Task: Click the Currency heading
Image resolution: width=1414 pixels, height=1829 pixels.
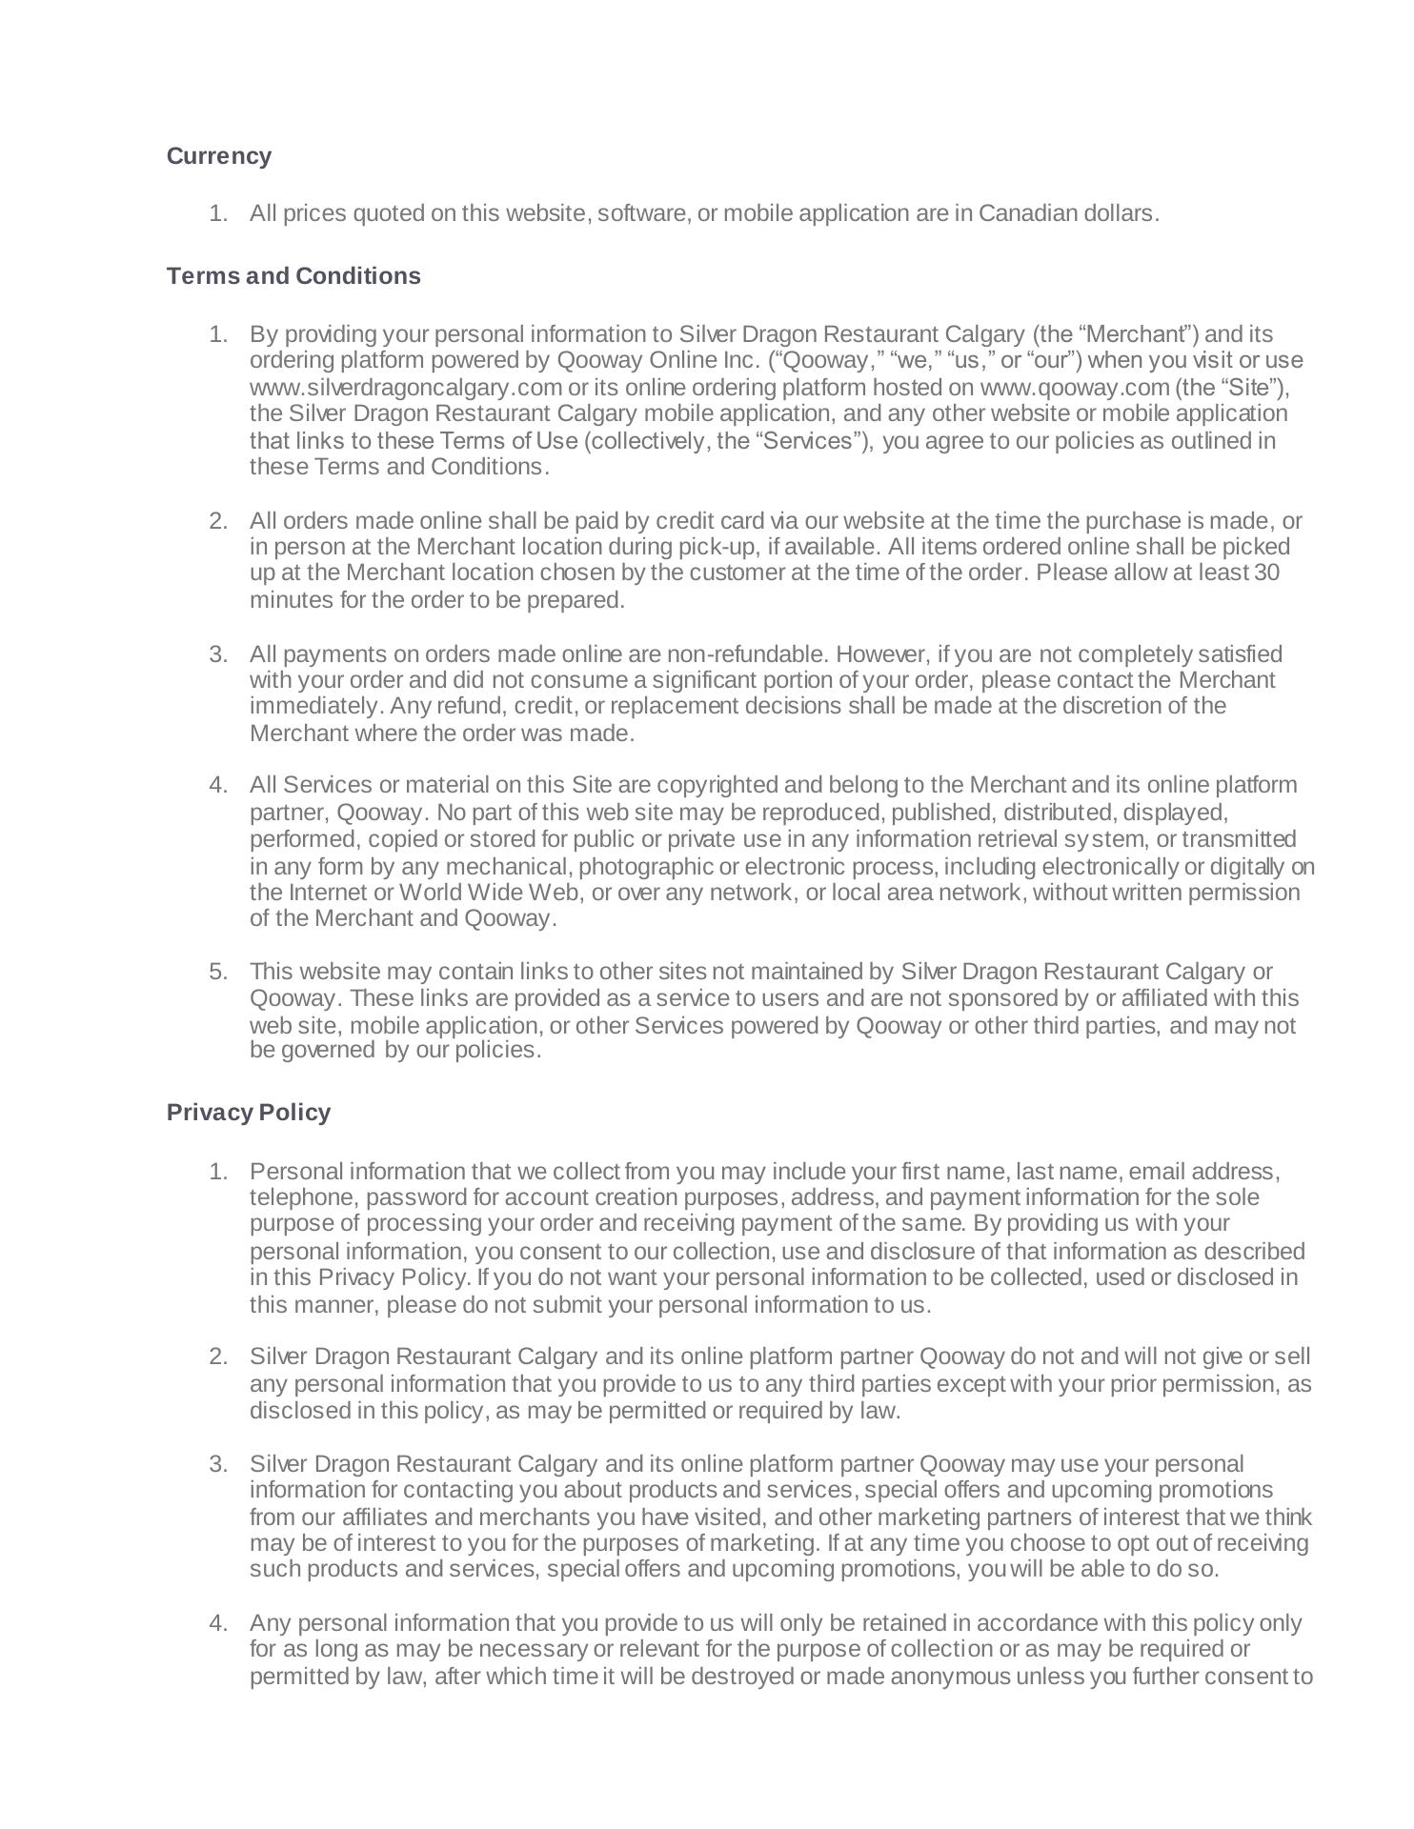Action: pos(218,156)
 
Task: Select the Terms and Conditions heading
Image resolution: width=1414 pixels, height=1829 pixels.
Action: pos(293,276)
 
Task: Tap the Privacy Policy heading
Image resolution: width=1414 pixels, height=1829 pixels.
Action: pos(248,1113)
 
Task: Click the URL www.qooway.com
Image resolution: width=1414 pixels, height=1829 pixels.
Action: pos(1075,388)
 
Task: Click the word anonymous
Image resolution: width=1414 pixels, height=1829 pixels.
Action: pos(948,1677)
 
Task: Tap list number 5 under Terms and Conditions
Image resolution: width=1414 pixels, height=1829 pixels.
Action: pos(218,972)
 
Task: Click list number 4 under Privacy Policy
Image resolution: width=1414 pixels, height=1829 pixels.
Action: pos(218,1623)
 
